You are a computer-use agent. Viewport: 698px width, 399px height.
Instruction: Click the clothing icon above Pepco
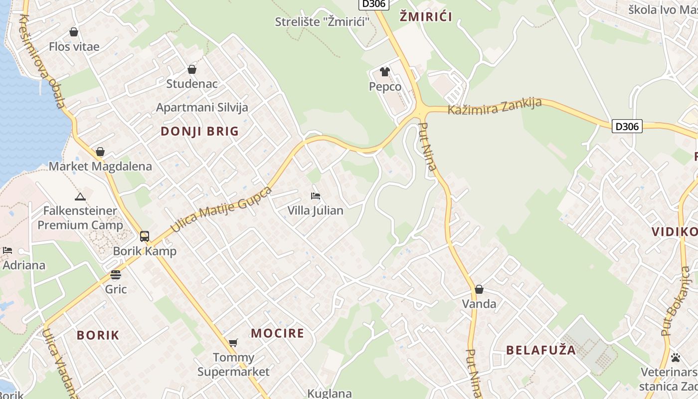pos(384,72)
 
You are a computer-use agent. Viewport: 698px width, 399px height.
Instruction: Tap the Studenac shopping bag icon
pos(192,69)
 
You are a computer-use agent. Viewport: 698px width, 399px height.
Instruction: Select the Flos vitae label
pos(74,46)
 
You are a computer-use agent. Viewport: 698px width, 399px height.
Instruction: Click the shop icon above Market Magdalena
pos(100,152)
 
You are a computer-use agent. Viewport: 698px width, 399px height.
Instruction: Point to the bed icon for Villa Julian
pos(315,196)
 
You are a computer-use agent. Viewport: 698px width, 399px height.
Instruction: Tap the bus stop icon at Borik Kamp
pos(145,236)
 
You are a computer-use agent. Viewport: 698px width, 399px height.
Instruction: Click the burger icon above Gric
pos(116,275)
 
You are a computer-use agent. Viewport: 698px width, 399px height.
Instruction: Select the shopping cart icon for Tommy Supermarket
pos(233,343)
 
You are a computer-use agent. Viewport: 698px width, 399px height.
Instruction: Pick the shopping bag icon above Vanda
pos(479,289)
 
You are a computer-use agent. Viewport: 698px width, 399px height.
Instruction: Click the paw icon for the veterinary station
pos(676,358)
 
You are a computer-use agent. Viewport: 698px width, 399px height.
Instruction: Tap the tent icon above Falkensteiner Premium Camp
pos(80,197)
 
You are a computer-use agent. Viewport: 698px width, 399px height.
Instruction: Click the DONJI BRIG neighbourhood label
pos(200,132)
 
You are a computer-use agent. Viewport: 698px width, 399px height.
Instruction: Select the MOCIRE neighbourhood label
pos(277,333)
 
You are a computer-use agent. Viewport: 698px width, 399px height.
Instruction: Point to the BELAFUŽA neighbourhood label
pos(541,350)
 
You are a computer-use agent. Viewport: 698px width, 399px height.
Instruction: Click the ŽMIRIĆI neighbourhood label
pos(426,17)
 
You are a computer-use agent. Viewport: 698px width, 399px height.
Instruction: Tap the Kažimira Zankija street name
pos(495,106)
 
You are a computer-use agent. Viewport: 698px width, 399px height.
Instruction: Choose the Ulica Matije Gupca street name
pos(222,209)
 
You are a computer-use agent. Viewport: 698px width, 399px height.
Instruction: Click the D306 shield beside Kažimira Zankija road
pos(627,126)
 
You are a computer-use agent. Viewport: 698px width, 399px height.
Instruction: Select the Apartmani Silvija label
pos(202,107)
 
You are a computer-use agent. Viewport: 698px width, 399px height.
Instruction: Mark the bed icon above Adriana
pos(7,250)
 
